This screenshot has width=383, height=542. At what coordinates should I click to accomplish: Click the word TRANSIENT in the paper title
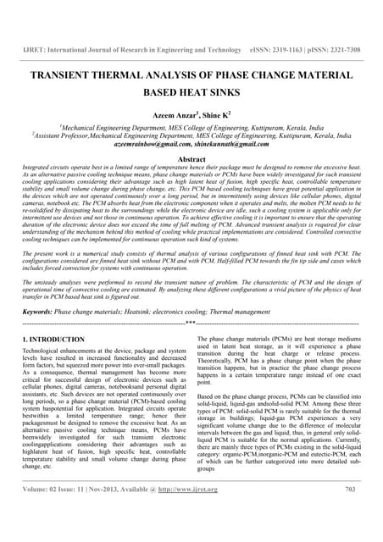point(60,75)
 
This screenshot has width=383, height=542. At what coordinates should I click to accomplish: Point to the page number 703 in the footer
point(352,512)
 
